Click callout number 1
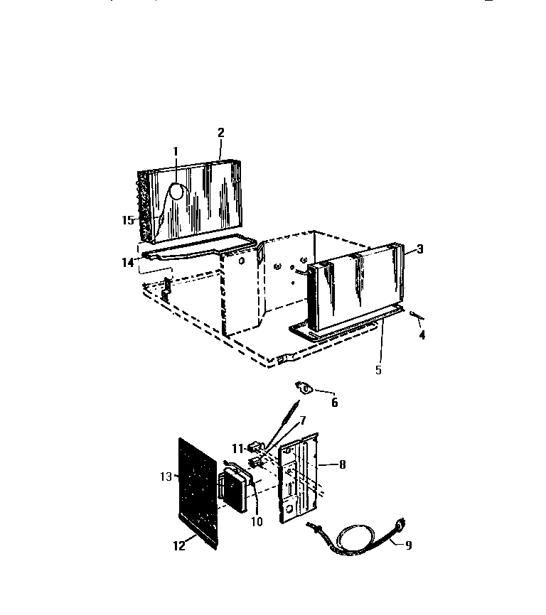coord(176,151)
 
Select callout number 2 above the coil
coord(221,133)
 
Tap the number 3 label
coord(420,249)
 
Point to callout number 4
coord(422,335)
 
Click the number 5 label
coord(378,370)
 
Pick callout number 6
coord(334,403)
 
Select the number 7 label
coord(302,421)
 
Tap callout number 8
coord(342,464)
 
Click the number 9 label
coord(409,545)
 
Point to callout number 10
coord(257,522)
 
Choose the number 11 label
coord(237,448)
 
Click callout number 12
coord(179,545)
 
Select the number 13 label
coord(166,477)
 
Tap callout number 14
coord(128,262)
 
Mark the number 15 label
coord(128,220)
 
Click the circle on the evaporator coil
coord(176,192)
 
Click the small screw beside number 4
coord(416,315)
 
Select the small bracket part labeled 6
coord(304,388)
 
